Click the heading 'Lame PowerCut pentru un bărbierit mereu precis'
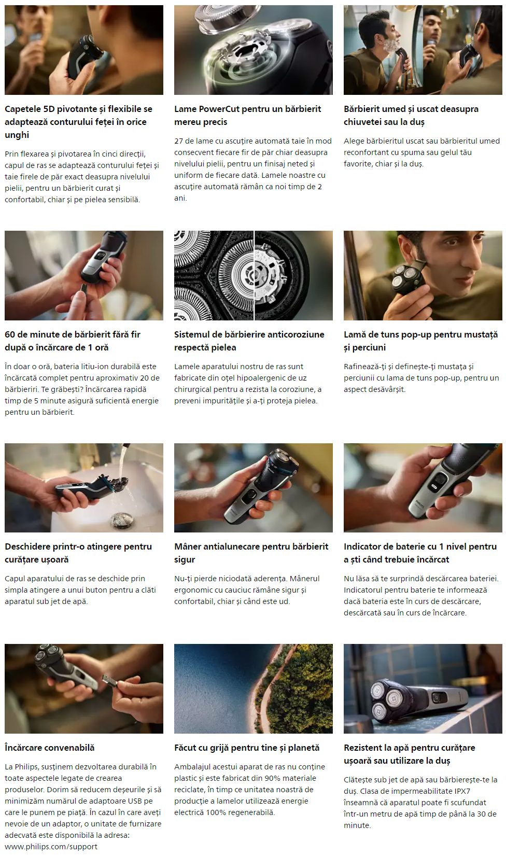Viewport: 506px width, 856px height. [x=248, y=116]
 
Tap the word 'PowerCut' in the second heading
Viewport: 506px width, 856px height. [x=217, y=109]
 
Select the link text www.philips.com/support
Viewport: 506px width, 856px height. [x=51, y=847]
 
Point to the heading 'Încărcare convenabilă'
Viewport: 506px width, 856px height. [x=50, y=748]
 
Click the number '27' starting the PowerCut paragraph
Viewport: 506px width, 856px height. [x=178, y=141]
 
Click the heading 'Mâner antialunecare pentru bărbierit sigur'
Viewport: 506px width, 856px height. [x=251, y=553]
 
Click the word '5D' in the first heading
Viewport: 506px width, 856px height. [x=49, y=109]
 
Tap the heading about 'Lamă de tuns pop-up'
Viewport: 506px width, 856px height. [x=420, y=341]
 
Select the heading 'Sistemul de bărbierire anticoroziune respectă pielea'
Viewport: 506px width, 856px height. [x=249, y=341]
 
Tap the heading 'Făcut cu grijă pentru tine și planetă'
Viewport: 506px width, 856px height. [x=247, y=748]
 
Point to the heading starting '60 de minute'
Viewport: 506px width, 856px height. [x=72, y=341]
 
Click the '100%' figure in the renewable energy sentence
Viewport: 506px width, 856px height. [x=217, y=812]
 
